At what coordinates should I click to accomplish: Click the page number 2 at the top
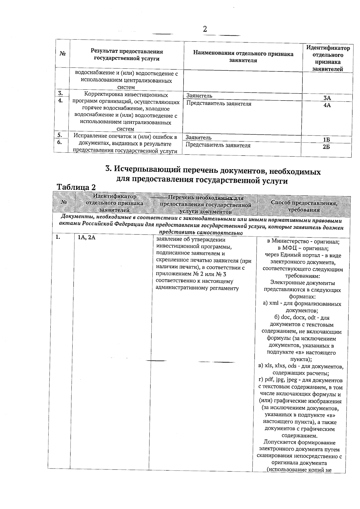205,29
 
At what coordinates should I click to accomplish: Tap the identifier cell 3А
327,98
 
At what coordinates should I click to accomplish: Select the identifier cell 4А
327,105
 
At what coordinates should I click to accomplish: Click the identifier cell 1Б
326,140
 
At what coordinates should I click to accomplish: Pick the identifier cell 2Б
326,147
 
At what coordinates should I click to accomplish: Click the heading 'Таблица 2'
76,187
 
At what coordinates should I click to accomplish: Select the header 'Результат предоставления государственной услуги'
127,55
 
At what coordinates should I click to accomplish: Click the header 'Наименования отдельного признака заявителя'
243,57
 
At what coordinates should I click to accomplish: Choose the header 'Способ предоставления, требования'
304,206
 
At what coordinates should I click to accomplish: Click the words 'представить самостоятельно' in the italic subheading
200,233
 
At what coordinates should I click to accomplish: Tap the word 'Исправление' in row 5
90,137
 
